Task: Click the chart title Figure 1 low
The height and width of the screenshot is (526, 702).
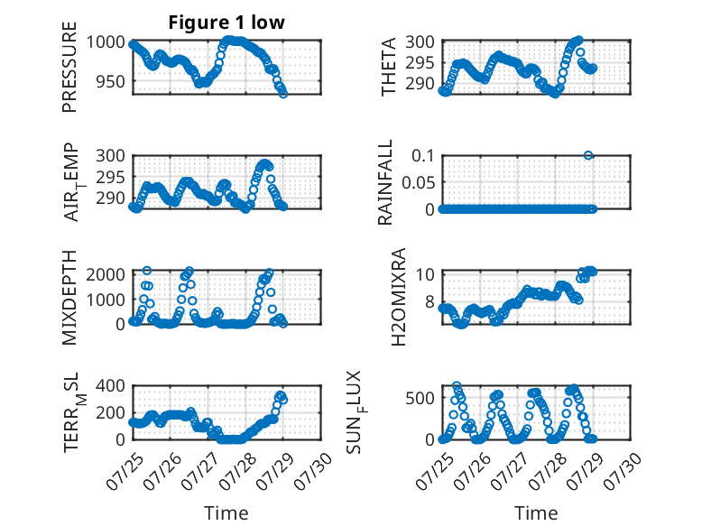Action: pos(226,23)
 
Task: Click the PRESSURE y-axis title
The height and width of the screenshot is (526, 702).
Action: pos(69,67)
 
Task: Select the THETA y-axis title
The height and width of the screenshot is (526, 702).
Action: pos(389,67)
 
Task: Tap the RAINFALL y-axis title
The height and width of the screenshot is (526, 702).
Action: pos(385,182)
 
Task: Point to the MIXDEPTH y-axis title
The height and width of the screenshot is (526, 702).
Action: pos(69,298)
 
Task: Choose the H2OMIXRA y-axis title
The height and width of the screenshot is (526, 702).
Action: pos(398,297)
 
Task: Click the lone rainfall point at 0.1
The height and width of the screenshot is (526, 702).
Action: pos(588,155)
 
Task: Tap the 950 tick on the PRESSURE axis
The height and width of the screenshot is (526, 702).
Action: pos(111,81)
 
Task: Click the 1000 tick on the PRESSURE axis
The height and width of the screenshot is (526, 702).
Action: pos(106,42)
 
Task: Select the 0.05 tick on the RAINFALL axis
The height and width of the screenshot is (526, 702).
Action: pos(418,182)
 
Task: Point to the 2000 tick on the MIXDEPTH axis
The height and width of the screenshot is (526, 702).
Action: pos(106,274)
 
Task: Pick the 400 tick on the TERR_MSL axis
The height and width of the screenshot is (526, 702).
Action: pos(111,385)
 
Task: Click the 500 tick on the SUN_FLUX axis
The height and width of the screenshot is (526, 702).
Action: pos(420,398)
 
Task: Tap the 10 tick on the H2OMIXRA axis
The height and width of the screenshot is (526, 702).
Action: pos(425,274)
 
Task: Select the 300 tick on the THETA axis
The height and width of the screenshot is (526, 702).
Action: pos(420,42)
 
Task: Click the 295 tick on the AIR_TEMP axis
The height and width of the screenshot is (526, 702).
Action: pos(111,177)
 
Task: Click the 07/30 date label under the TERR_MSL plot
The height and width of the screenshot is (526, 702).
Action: pos(314,471)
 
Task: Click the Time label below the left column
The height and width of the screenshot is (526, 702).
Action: pos(226,513)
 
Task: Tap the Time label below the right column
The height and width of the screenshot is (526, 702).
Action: pos(536,513)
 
